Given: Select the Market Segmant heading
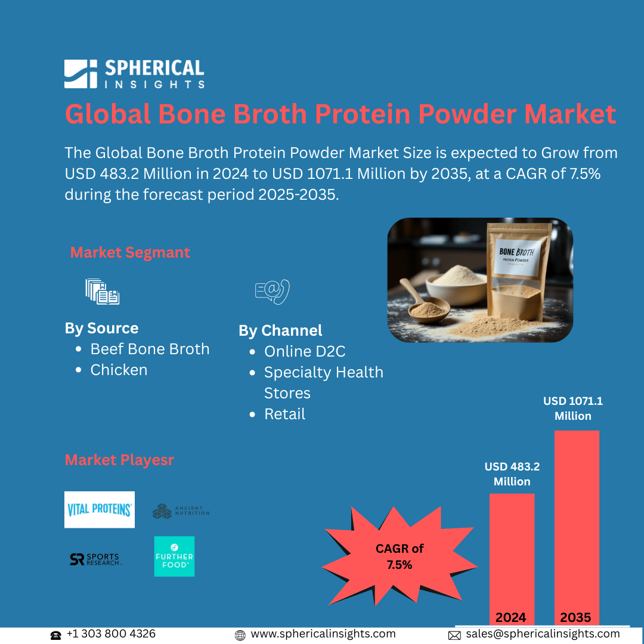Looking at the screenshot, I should [130, 252].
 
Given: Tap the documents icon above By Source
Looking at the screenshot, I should [102, 292].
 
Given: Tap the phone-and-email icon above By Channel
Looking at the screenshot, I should [272, 292].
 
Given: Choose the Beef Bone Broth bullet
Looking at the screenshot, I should [150, 349].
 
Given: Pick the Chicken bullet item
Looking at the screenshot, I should [119, 370].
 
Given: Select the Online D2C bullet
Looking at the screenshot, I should [305, 351].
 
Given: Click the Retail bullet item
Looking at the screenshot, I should [284, 414].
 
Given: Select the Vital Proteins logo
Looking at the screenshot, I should [100, 509].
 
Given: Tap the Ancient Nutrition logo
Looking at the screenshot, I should [181, 511].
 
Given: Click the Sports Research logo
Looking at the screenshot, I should [95, 559].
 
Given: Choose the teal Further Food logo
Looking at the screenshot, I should [174, 556].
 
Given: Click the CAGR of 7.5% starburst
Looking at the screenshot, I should [400, 556].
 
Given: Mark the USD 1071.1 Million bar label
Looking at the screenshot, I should [572, 408].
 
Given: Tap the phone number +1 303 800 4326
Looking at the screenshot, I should [111, 634].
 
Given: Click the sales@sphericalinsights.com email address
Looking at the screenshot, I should [542, 634].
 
